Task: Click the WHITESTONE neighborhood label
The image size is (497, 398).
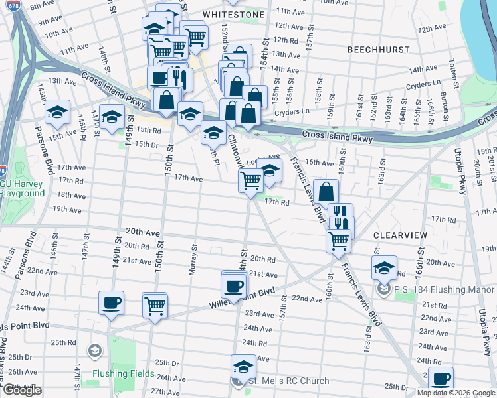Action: click(x=233, y=14)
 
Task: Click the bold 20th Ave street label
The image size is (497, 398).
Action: click(x=143, y=233)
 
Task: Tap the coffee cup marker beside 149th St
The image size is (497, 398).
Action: click(x=111, y=304)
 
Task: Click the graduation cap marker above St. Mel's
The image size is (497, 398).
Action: click(x=243, y=366)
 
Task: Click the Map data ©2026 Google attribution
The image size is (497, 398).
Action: click(x=455, y=393)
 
